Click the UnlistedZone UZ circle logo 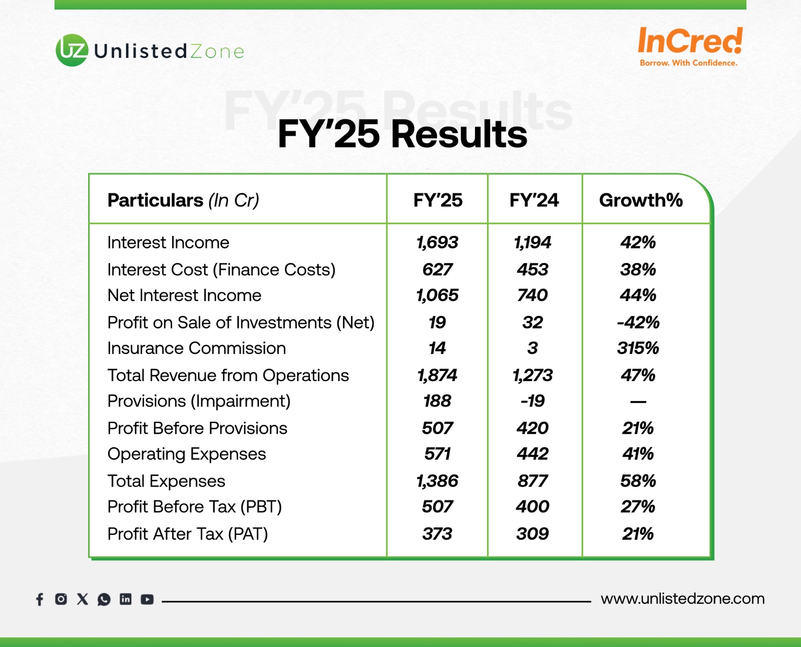[x=72, y=50]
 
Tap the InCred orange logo [x=690, y=46]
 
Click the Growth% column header [x=641, y=200]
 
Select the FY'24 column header [x=534, y=200]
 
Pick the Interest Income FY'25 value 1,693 [x=438, y=242]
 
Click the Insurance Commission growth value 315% [x=638, y=348]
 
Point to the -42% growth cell [x=638, y=322]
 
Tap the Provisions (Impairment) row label [x=199, y=401]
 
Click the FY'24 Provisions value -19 [x=533, y=401]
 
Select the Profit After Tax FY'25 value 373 [x=437, y=534]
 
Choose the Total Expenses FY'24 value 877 [x=533, y=481]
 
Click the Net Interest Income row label [x=184, y=295]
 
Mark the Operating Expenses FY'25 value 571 [x=437, y=454]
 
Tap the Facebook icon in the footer [x=40, y=599]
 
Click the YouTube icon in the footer [x=147, y=599]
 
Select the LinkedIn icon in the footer [x=126, y=599]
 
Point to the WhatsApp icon [x=104, y=599]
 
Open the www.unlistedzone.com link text [x=682, y=598]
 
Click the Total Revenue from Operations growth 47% [x=638, y=375]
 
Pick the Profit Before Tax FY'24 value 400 [x=533, y=506]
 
